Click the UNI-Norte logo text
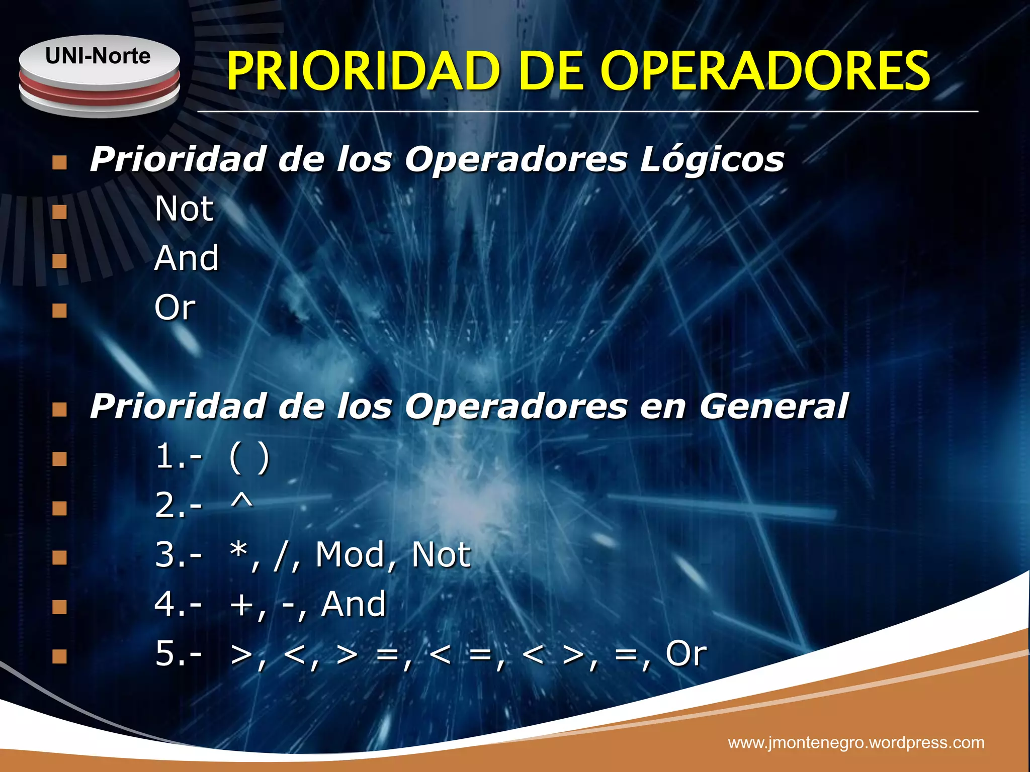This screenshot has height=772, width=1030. coord(98,56)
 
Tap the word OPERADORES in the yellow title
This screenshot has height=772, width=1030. coord(765,71)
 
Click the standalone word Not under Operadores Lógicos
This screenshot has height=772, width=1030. coord(184,209)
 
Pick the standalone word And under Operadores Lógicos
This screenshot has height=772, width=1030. coord(187,258)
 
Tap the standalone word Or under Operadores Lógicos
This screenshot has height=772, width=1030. coord(175,308)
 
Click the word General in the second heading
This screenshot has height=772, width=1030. coord(774,406)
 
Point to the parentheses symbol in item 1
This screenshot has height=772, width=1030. coord(249,457)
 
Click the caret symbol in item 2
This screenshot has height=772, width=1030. coord(241,502)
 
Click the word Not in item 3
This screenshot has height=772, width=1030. coord(441,555)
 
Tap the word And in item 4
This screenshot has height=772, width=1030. coord(354,604)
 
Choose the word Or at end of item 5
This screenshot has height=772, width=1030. coord(686,653)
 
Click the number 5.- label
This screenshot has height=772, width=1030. coord(179,654)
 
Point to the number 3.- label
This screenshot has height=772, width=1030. coord(179,555)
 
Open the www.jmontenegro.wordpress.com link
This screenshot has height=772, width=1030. coord(856,742)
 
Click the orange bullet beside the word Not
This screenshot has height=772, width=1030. coord(59,212)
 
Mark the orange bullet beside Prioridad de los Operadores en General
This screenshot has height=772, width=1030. coord(59,410)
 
